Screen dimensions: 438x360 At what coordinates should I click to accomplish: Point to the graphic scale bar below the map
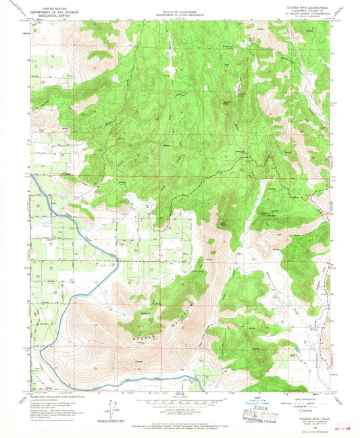180,403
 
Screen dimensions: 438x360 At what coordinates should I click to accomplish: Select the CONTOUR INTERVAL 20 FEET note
180,410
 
